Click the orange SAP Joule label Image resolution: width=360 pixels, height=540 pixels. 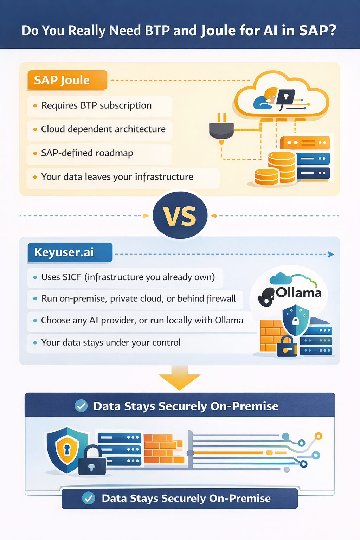pyautogui.click(x=67, y=80)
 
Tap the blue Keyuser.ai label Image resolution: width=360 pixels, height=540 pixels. pyautogui.click(x=70, y=252)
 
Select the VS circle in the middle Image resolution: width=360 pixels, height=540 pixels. pyautogui.click(x=180, y=216)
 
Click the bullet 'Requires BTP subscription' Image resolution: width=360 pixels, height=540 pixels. pyautogui.click(x=96, y=105)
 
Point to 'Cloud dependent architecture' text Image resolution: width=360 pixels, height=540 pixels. pyautogui.click(x=103, y=129)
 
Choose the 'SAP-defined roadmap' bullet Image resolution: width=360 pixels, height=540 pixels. pyautogui.click(x=87, y=153)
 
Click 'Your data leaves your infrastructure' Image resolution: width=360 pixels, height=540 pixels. pyautogui.click(x=117, y=176)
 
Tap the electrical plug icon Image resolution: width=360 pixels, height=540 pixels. pyautogui.click(x=221, y=129)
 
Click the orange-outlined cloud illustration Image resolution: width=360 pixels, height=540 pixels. pyautogui.click(x=281, y=95)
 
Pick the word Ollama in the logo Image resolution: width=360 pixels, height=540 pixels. pyautogui.click(x=298, y=292)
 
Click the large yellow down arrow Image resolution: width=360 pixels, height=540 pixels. pyautogui.click(x=180, y=378)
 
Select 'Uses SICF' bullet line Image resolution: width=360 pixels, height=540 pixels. pyautogui.click(x=128, y=277)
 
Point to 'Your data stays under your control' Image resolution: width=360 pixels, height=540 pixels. pyautogui.click(x=111, y=342)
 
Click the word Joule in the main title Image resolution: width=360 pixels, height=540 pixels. pyautogui.click(x=218, y=31)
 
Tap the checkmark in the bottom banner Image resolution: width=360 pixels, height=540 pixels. pyautogui.click(x=89, y=498)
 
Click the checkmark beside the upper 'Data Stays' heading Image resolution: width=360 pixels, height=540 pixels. pyautogui.click(x=81, y=406)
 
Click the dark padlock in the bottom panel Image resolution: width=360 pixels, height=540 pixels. pyautogui.click(x=92, y=461)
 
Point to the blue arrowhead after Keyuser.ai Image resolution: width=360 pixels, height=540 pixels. pyautogui.click(x=330, y=254)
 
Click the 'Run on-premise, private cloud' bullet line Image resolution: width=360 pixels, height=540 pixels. pyautogui.click(x=138, y=298)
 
